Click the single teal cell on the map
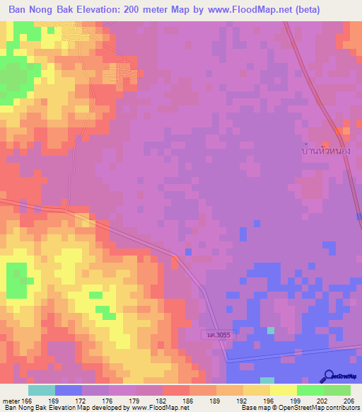tap(271, 330)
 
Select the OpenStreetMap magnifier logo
tap(329, 376)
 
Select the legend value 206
tap(346, 401)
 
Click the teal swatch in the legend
tap(42, 390)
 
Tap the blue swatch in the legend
tap(69, 390)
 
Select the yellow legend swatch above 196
tap(257, 390)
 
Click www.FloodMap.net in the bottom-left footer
tap(156, 408)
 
